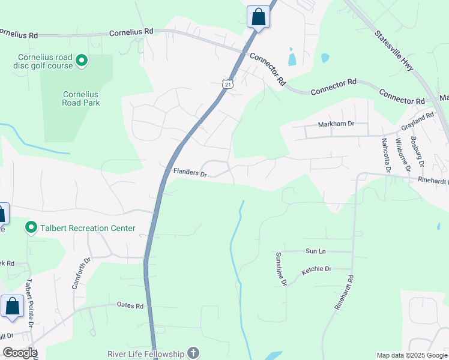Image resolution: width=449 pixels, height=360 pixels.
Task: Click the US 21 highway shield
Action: [228, 84]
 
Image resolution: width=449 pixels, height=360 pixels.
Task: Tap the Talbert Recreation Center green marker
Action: [30, 228]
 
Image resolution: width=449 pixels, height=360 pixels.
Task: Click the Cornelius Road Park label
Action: [82, 98]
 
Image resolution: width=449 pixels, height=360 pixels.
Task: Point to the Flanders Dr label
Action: [190, 173]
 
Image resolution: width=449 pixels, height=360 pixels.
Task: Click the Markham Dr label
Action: [336, 124]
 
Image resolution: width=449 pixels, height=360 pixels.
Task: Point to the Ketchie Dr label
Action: [316, 269]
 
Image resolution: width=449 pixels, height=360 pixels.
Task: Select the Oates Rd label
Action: [130, 306]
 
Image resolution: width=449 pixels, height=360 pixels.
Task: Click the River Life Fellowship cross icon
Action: [193, 353]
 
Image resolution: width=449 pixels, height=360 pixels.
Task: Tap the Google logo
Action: [19, 353]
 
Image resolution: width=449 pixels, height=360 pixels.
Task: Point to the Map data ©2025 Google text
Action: [411, 355]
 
